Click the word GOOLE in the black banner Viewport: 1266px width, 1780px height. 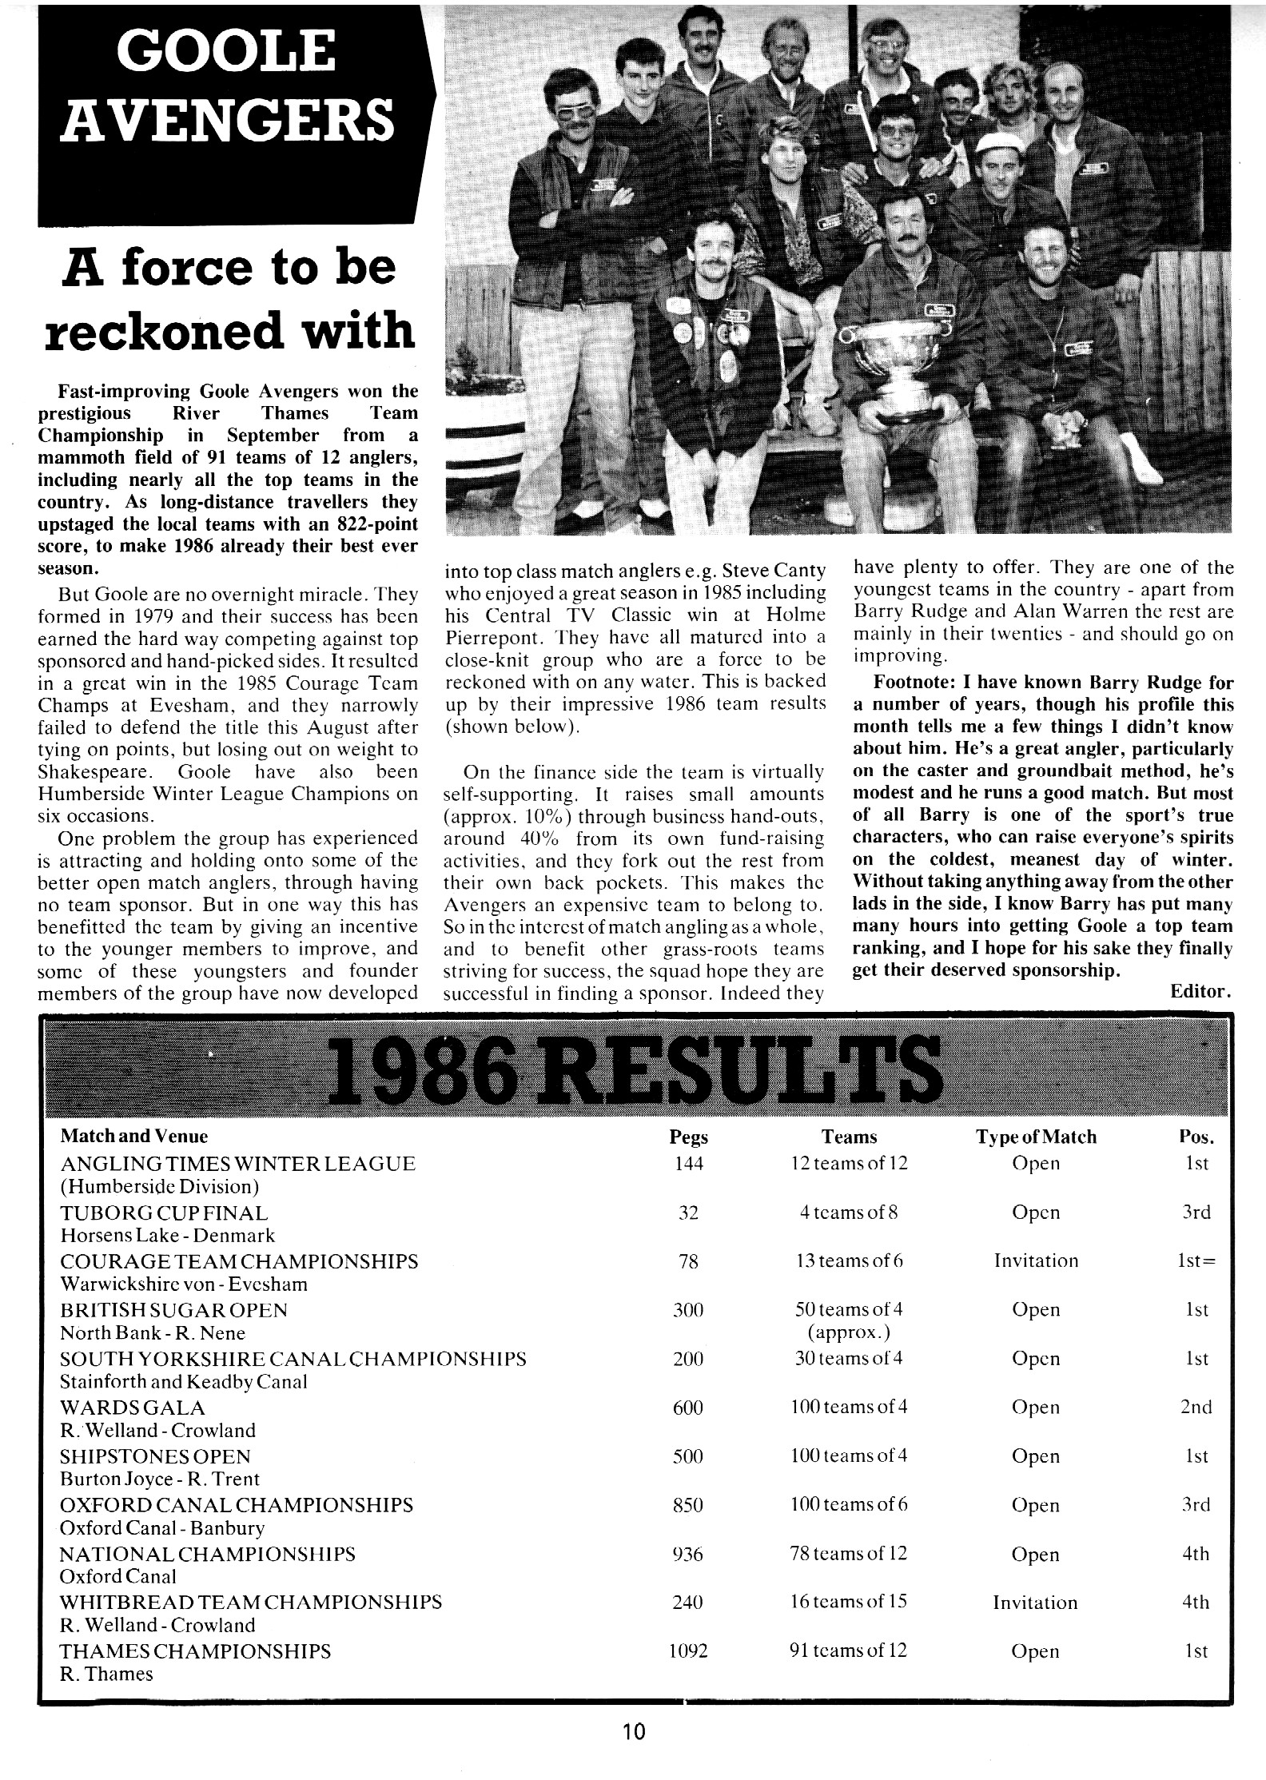(x=226, y=53)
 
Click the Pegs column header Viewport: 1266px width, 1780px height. (x=688, y=1137)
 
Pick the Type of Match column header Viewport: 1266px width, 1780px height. (x=1036, y=1137)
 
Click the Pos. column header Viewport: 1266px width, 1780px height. (x=1196, y=1137)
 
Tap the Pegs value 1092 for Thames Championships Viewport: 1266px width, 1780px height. (x=688, y=1651)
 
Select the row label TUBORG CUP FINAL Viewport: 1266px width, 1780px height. (x=164, y=1213)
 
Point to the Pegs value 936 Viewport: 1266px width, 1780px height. (x=688, y=1554)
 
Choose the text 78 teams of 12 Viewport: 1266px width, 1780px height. (x=849, y=1554)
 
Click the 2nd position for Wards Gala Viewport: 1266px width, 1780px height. (x=1196, y=1407)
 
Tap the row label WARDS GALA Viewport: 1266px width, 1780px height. (x=133, y=1407)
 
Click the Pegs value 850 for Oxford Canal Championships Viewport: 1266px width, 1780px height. (x=688, y=1505)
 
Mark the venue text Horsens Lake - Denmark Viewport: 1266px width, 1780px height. (x=167, y=1236)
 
